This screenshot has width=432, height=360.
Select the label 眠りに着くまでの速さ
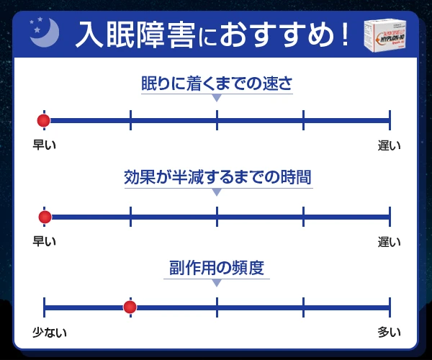[217, 83]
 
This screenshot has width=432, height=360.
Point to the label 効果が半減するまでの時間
[217, 177]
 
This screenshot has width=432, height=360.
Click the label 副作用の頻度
[217, 269]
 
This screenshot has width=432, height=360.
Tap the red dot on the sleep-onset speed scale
[44, 120]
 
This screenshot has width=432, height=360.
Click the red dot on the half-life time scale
[45, 216]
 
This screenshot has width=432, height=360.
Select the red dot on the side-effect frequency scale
[130, 307]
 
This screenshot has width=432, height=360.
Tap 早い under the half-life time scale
[45, 240]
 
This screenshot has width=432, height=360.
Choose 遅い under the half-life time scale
[390, 240]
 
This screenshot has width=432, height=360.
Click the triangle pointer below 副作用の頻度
[217, 283]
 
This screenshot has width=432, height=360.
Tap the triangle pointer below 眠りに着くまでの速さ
[217, 98]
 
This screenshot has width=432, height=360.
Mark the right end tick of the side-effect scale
[390, 307]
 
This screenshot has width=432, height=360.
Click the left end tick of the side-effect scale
[45, 307]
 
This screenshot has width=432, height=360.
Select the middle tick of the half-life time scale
[217, 216]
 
